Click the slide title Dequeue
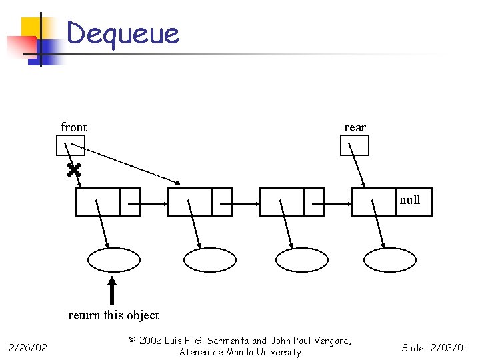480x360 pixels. click(123, 33)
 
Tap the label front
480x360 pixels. click(73, 127)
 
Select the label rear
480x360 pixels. click(355, 127)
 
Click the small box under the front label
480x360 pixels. click(71, 145)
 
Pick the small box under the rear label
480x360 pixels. click(354, 145)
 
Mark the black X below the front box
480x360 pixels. click(74, 171)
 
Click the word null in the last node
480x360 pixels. click(410, 200)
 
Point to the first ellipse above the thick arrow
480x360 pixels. click(115, 260)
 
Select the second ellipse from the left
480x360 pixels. click(210, 260)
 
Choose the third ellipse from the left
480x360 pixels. click(302, 260)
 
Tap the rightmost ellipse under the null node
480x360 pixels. click(391, 260)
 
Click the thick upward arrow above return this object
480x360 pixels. click(113, 291)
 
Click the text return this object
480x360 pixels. click(113, 315)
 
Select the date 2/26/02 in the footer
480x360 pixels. click(27, 347)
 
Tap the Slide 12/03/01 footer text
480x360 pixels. click(434, 347)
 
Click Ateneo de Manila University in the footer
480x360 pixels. click(240, 352)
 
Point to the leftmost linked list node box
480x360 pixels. click(108, 202)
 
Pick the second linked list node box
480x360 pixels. click(200, 202)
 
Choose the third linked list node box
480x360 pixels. click(291, 202)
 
